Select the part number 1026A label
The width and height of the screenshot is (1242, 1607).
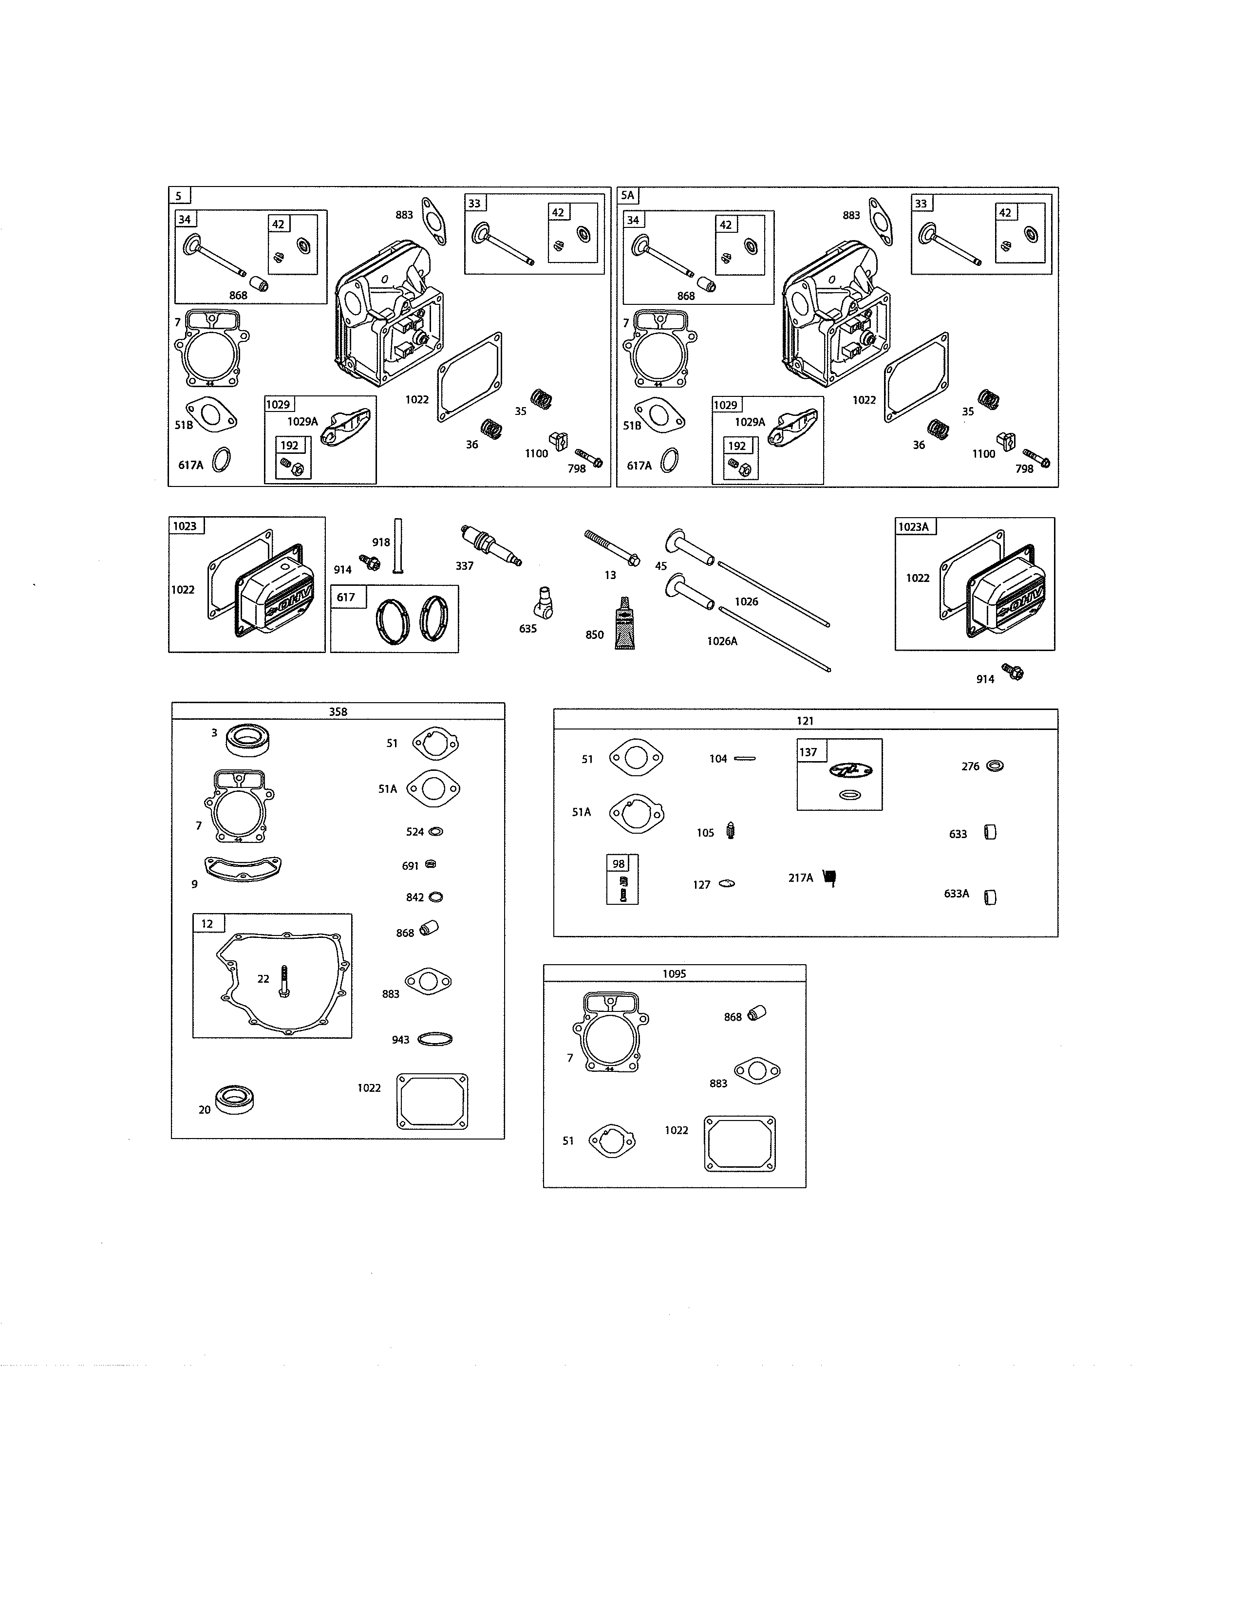722,641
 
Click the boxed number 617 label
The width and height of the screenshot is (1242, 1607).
346,597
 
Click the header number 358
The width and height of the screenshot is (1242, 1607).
338,711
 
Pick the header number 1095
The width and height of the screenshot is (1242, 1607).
674,973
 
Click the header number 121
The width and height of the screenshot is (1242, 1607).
805,720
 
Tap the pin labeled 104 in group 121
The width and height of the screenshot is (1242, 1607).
745,759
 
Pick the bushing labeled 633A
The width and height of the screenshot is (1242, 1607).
990,897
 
